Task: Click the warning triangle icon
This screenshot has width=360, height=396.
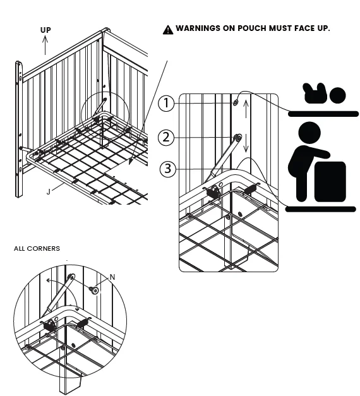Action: (167, 29)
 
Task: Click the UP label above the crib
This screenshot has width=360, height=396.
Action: (45, 30)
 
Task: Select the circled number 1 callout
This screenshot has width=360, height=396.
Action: (165, 104)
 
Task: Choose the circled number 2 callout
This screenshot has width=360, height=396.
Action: (165, 136)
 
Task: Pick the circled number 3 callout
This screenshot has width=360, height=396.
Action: (165, 169)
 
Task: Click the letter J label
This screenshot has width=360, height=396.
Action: (48, 189)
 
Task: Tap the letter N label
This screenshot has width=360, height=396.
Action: (112, 277)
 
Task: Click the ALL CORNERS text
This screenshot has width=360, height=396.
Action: (37, 249)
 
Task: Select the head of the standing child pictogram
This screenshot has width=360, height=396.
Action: (309, 133)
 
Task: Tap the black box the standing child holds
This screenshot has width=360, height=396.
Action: (330, 181)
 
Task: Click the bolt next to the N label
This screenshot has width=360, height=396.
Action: (95, 291)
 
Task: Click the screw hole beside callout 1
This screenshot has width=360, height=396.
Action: (235, 102)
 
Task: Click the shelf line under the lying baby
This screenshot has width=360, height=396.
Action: (324, 114)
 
